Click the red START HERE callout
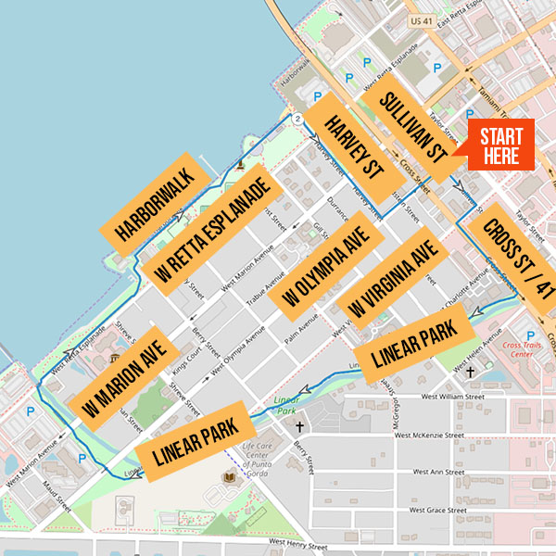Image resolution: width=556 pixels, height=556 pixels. [500, 145]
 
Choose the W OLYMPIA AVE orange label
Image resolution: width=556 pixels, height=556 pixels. [323, 268]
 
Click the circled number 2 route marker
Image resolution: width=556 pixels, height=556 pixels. [297, 120]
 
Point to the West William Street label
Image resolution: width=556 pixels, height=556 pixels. [453, 397]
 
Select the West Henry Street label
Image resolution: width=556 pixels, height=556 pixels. [301, 544]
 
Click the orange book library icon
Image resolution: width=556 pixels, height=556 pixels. [228, 477]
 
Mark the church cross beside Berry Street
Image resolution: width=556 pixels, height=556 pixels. [298, 428]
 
